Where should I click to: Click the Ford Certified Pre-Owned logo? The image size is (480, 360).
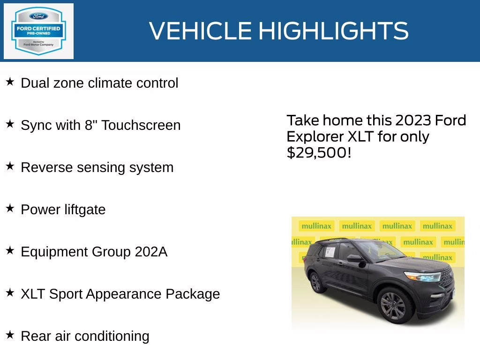(38, 31)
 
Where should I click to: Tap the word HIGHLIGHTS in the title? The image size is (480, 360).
(333, 31)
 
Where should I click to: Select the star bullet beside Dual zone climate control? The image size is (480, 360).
(10, 82)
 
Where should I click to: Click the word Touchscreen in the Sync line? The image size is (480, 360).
(141, 125)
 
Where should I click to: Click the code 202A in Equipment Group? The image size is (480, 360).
(151, 252)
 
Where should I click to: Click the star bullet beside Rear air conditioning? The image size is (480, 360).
(10, 335)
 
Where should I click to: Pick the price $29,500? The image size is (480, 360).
(319, 152)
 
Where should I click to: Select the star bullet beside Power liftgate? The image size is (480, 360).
(10, 209)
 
